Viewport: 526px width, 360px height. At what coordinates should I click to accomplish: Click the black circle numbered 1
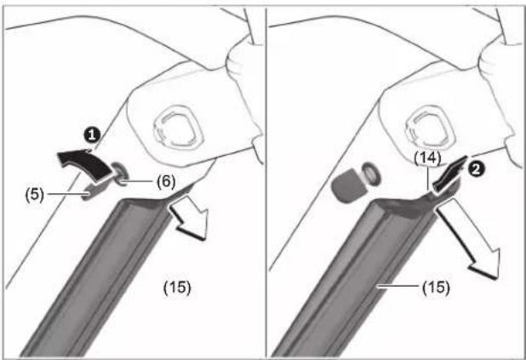click(92, 135)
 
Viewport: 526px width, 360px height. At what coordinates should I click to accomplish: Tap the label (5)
click(35, 195)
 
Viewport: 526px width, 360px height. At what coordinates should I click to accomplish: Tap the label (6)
click(166, 181)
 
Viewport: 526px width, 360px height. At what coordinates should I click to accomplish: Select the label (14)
click(428, 158)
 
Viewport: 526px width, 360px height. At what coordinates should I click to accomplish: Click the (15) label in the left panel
click(177, 288)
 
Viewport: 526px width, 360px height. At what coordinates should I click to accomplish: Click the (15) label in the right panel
click(436, 288)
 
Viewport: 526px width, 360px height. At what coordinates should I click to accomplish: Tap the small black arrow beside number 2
click(449, 175)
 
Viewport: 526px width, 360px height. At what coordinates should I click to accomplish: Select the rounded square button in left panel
click(177, 128)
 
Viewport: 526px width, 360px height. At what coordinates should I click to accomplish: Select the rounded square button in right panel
click(429, 128)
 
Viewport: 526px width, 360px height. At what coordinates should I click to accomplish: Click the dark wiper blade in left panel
click(100, 275)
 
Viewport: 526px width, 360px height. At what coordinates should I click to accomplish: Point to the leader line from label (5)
click(68, 193)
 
